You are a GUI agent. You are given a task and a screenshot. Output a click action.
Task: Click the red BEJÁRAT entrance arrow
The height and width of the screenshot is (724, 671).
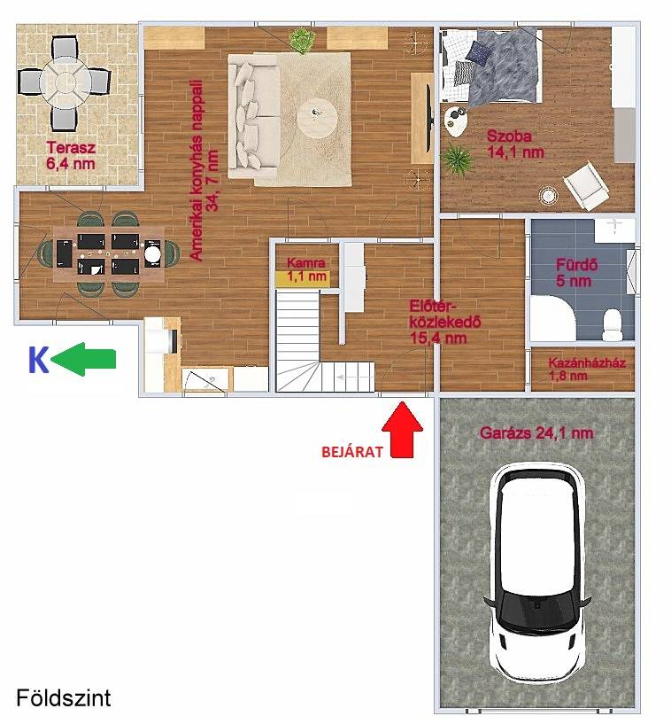402,430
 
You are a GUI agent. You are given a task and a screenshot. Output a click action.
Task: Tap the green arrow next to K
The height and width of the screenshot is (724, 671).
83,359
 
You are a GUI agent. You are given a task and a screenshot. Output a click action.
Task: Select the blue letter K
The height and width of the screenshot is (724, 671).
38,360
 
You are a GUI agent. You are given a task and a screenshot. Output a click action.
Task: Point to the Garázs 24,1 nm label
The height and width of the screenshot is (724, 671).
536,433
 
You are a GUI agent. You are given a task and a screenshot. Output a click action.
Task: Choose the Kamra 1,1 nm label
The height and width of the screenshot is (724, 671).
306,269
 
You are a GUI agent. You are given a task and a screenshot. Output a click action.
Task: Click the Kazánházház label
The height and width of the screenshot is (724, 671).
587,362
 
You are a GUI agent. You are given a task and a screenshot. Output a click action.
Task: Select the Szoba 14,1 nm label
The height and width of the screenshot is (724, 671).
515,144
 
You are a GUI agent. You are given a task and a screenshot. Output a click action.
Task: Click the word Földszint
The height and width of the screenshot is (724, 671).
64,697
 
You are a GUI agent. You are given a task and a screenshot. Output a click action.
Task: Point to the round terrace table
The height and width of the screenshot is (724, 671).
62,83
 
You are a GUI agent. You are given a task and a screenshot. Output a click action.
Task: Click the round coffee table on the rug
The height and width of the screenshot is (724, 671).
316,116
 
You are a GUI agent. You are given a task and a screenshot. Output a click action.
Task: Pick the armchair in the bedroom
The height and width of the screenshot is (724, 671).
584,186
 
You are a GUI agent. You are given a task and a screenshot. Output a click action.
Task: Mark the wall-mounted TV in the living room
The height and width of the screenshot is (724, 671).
429,118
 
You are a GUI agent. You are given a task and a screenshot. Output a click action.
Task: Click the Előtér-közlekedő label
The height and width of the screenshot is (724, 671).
445,322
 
